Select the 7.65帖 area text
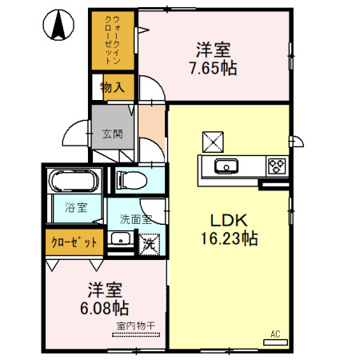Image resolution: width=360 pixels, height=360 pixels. click(x=211, y=68)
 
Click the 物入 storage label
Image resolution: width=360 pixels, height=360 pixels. click(x=112, y=87)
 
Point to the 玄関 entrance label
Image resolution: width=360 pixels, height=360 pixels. click(x=112, y=134)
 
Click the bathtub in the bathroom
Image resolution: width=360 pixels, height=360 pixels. click(x=73, y=182)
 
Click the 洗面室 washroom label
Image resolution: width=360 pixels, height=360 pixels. click(x=135, y=218)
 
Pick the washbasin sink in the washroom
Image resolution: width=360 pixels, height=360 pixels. click(x=121, y=241)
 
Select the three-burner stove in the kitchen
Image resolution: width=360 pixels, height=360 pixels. click(x=277, y=166)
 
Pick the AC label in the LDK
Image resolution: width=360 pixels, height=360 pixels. click(x=274, y=334)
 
